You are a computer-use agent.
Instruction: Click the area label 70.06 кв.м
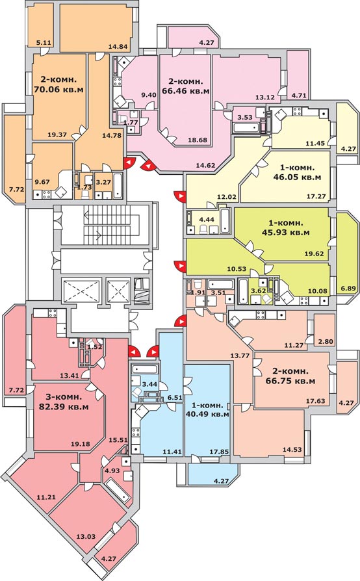click(x=58, y=89)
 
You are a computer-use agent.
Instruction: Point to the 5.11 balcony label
click(x=44, y=42)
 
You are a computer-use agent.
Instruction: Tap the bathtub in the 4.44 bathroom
click(x=225, y=221)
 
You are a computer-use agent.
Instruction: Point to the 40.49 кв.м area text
click(x=207, y=414)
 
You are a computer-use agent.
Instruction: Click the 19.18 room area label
click(x=80, y=443)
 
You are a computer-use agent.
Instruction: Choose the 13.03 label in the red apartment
click(x=86, y=536)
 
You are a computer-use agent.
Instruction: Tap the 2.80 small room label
click(x=326, y=341)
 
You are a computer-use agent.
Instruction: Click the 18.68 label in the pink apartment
click(x=198, y=140)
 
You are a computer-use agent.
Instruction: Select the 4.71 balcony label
click(x=299, y=96)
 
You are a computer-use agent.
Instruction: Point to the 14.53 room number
click(x=292, y=450)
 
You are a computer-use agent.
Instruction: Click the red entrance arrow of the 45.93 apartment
click(x=181, y=266)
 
